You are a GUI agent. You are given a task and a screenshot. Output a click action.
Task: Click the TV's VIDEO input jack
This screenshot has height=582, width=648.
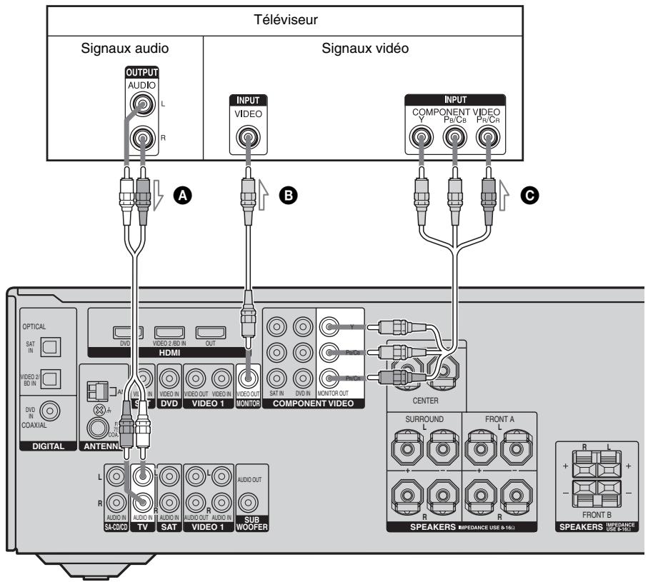[248, 137]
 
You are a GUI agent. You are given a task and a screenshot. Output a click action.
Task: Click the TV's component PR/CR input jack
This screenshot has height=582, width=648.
[489, 137]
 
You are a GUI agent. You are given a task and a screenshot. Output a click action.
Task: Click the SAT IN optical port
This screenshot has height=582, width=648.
[54, 346]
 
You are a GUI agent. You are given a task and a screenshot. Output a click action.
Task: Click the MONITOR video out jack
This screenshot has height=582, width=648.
[248, 380]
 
